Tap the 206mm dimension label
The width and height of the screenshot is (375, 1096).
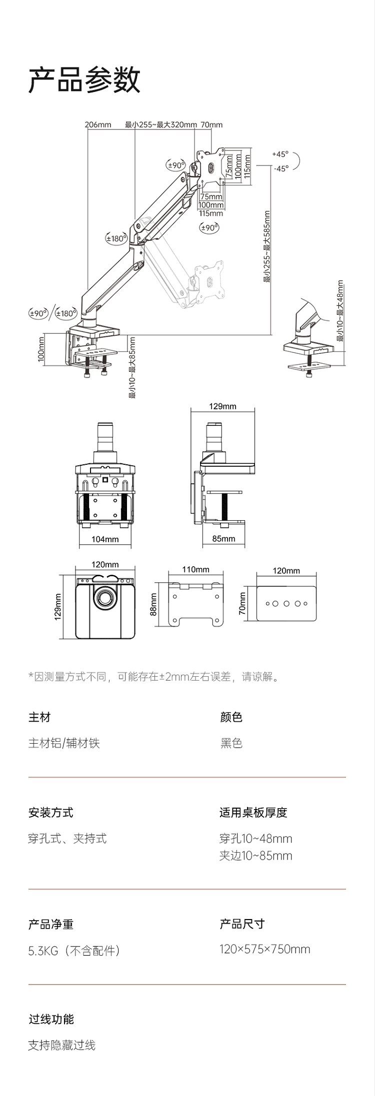(98, 124)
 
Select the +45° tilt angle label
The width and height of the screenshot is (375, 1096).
(281, 154)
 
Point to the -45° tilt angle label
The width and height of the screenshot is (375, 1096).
(281, 168)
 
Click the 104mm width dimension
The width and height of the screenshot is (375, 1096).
(105, 539)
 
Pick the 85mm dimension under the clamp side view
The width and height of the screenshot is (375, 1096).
(223, 539)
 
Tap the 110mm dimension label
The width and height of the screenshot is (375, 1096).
(195, 569)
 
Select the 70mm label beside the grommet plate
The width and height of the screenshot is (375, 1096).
(242, 604)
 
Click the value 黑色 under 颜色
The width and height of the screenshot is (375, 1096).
(231, 743)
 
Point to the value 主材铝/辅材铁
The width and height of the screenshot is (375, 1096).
(64, 743)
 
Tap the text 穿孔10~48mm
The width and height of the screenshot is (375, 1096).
(255, 839)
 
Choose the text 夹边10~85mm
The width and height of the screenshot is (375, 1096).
(255, 856)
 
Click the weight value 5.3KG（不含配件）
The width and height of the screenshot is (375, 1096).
(74, 951)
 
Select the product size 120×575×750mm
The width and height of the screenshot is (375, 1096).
(265, 949)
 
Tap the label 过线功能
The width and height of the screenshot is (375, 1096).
(51, 1019)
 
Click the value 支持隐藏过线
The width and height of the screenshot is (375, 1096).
(62, 1045)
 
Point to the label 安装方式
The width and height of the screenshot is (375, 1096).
(51, 813)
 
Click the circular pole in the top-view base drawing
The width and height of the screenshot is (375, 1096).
(105, 598)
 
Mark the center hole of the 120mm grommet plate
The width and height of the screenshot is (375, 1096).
(286, 604)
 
